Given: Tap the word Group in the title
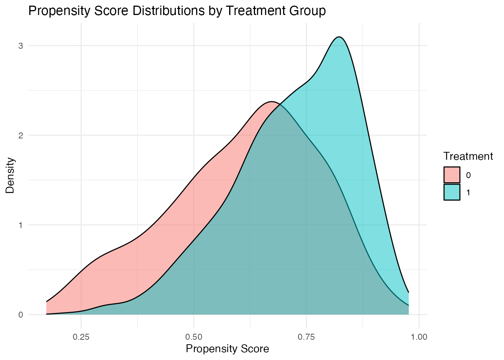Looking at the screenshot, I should click(308, 11).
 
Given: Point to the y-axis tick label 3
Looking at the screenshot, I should click(21, 46).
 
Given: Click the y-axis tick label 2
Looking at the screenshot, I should click(21, 135).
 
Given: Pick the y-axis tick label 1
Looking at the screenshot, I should click(21, 225).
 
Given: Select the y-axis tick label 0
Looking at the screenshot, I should click(21, 315).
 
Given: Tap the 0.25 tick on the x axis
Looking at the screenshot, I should click(81, 337).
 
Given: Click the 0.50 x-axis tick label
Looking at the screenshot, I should click(193, 337).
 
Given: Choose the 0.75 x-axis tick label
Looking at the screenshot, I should click(306, 337).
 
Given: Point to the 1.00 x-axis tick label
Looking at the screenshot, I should click(419, 337).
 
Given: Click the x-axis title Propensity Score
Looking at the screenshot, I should click(227, 349).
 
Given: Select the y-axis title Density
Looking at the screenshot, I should click(10, 175).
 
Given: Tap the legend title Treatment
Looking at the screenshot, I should click(468, 156).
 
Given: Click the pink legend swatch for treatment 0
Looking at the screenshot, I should click(452, 175).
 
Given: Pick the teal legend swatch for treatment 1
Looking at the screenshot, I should click(452, 192).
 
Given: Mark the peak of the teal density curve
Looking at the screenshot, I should click(339, 37).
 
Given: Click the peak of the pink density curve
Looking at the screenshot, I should click(271, 102).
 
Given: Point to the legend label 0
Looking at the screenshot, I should click(468, 175).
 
